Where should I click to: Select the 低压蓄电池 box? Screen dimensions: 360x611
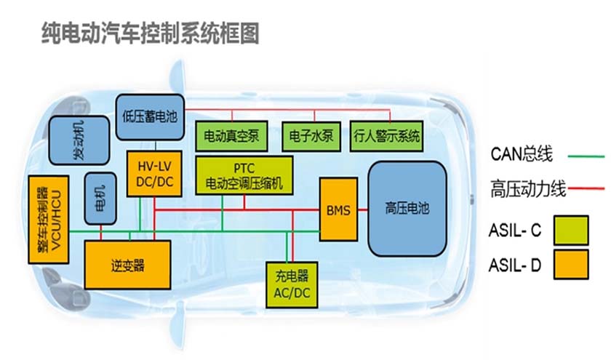click(x=151, y=116)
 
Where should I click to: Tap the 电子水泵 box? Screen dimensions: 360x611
click(x=311, y=136)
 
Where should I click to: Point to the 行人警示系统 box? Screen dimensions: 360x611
click(x=386, y=136)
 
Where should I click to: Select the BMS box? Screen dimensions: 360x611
click(x=339, y=210)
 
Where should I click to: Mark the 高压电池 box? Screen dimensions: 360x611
click(x=407, y=209)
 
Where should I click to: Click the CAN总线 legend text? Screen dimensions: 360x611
click(x=522, y=155)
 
